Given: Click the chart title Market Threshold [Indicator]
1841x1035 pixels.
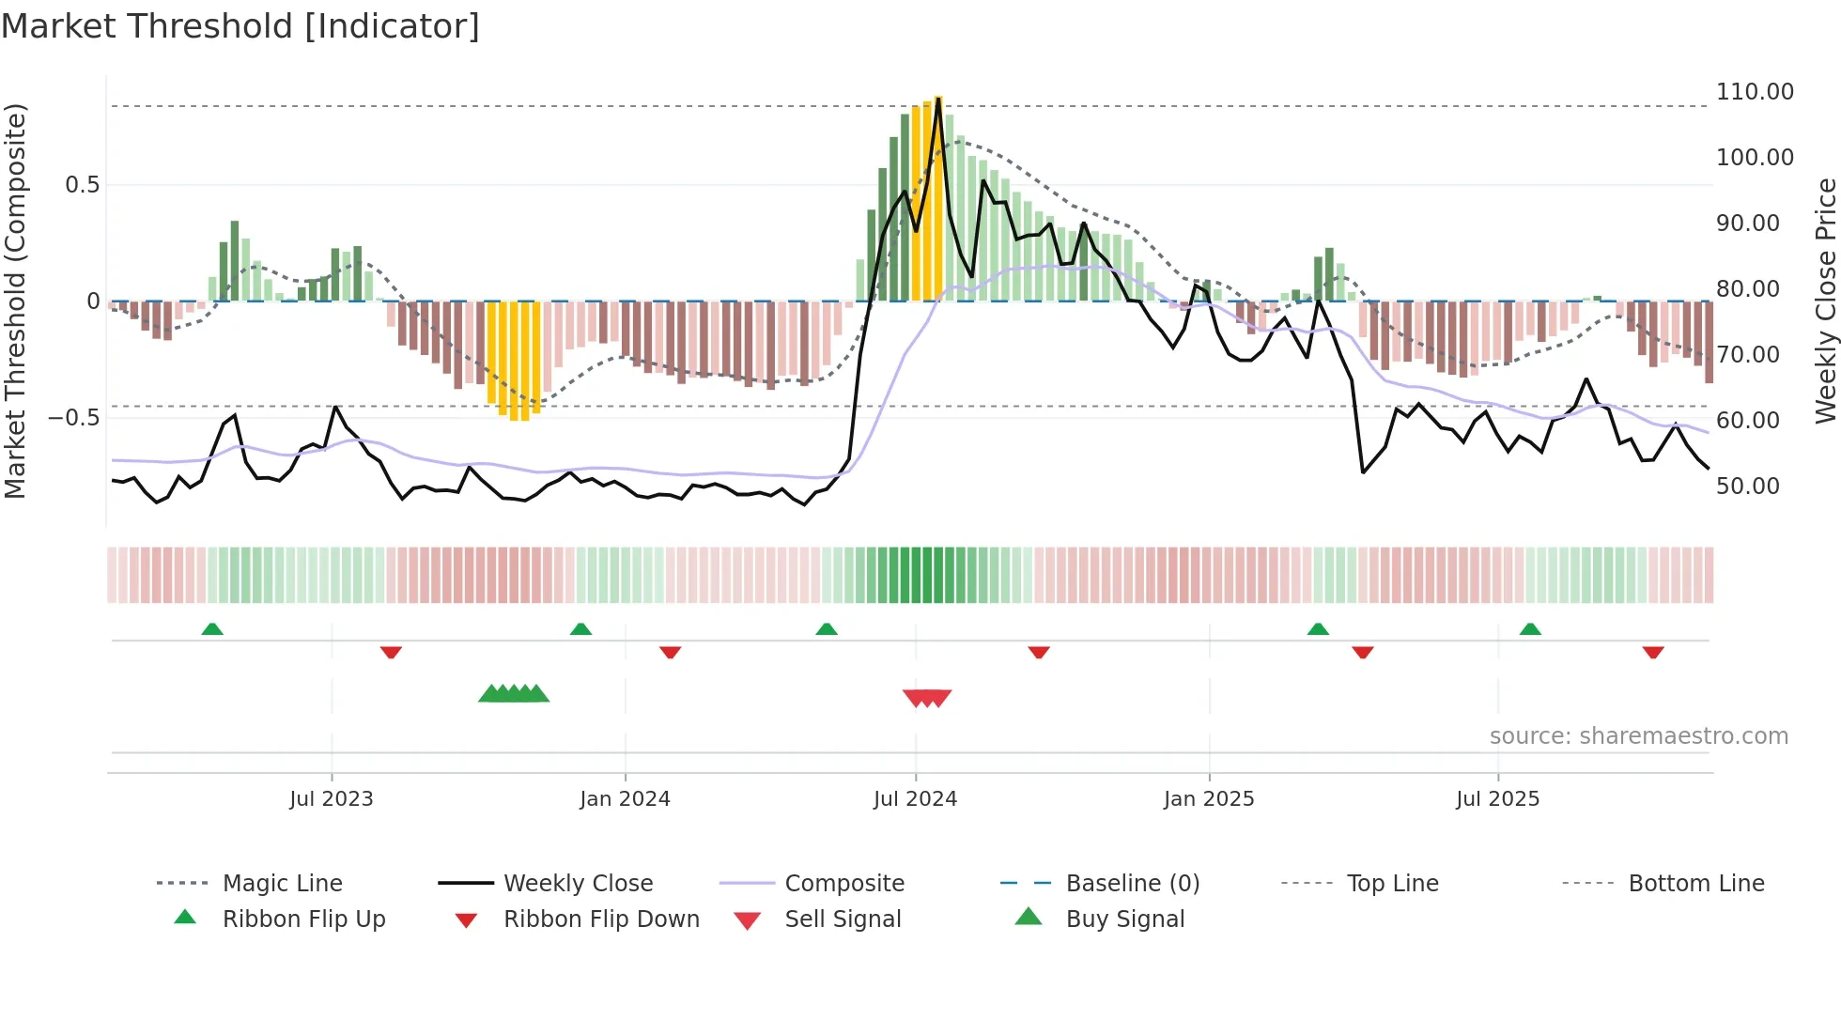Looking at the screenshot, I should [240, 26].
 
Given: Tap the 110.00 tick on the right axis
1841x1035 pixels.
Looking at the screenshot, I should [1754, 92].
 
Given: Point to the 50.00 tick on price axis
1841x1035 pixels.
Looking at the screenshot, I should [1747, 487].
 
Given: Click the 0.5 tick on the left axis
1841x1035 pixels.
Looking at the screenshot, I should [82, 185].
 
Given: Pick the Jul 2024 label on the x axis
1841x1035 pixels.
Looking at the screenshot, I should [915, 799].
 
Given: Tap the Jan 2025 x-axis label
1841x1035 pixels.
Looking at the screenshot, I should [1208, 799].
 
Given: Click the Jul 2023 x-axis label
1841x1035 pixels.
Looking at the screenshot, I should [331, 799].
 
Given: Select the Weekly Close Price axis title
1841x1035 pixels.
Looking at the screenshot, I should [1825, 301].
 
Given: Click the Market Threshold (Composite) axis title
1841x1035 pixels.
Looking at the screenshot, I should [15, 301].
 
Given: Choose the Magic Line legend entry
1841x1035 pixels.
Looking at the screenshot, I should [282, 884].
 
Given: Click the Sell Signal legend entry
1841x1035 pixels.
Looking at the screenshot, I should [843, 919].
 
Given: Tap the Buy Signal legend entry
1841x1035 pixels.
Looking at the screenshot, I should [1124, 919].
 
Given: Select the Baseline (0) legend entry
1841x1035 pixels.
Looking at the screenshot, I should [1132, 884].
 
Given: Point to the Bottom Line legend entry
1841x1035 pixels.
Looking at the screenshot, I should [1695, 884].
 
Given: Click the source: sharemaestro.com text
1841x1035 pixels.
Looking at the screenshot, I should [1638, 736].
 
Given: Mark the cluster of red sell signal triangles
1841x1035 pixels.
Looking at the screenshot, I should [927, 698].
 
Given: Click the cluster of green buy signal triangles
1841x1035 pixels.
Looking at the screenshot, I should [514, 694].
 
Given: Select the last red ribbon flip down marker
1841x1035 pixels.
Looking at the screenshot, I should [1653, 653].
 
